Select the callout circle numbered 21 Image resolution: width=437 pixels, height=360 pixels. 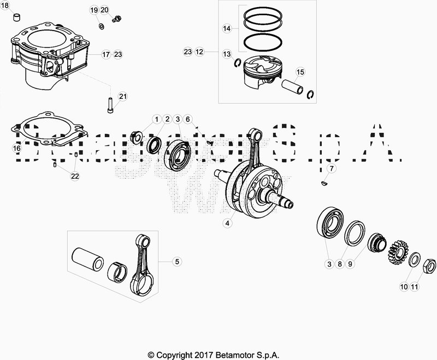[x=123, y=97]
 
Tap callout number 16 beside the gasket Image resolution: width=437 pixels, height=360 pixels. [x=16, y=148]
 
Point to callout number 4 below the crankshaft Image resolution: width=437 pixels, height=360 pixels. [x=227, y=223]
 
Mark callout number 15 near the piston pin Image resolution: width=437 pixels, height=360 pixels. [x=299, y=72]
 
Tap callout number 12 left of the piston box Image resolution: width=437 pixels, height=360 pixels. [x=199, y=52]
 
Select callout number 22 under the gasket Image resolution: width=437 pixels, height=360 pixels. [x=75, y=176]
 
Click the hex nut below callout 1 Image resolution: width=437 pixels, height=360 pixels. [x=138, y=135]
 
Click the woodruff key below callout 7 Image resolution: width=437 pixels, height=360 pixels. [x=324, y=184]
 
